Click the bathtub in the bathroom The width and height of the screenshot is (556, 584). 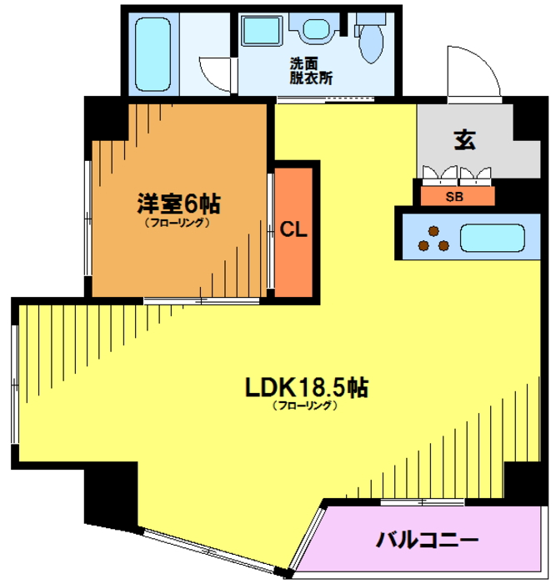pyautogui.click(x=153, y=55)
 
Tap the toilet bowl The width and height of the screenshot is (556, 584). pyautogui.click(x=371, y=43)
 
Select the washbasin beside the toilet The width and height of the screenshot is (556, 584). pyautogui.click(x=316, y=29)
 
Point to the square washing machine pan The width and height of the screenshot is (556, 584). pyautogui.click(x=261, y=31)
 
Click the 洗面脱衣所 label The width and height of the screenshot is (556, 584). pyautogui.click(x=311, y=71)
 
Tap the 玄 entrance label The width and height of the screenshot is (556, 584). pyautogui.click(x=465, y=140)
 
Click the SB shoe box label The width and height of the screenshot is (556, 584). pyautogui.click(x=454, y=196)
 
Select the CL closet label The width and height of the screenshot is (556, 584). pyautogui.click(x=293, y=229)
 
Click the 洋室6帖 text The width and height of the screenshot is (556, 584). pyautogui.click(x=179, y=204)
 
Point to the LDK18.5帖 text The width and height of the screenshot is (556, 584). pyautogui.click(x=307, y=387)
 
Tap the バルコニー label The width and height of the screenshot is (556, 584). pyautogui.click(x=427, y=540)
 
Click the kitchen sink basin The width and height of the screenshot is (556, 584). pyautogui.click(x=493, y=238)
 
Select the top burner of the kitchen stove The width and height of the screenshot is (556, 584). pyautogui.click(x=433, y=231)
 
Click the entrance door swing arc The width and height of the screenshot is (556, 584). pyautogui.click(x=483, y=64)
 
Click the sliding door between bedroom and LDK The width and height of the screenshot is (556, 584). pyautogui.click(x=202, y=300)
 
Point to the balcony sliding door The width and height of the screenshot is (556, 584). pyautogui.click(x=423, y=502)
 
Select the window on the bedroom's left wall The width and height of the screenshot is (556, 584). pyautogui.click(x=88, y=218)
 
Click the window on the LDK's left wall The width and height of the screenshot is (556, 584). pyautogui.click(x=15, y=384)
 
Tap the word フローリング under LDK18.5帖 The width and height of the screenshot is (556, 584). pyautogui.click(x=305, y=405)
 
